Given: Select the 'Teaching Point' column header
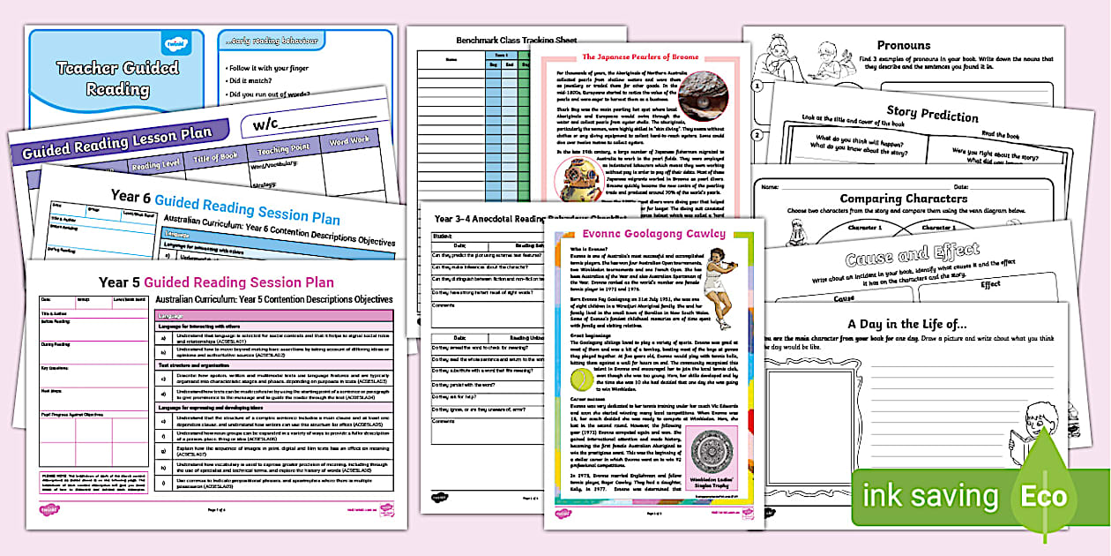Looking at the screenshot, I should coord(283,148).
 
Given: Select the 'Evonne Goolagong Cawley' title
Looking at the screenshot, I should coord(641,234).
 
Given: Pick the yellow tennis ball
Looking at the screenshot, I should coord(582,381).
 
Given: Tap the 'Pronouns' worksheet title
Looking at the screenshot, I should coord(903,45).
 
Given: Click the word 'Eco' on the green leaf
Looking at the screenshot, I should coord(1044,497).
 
